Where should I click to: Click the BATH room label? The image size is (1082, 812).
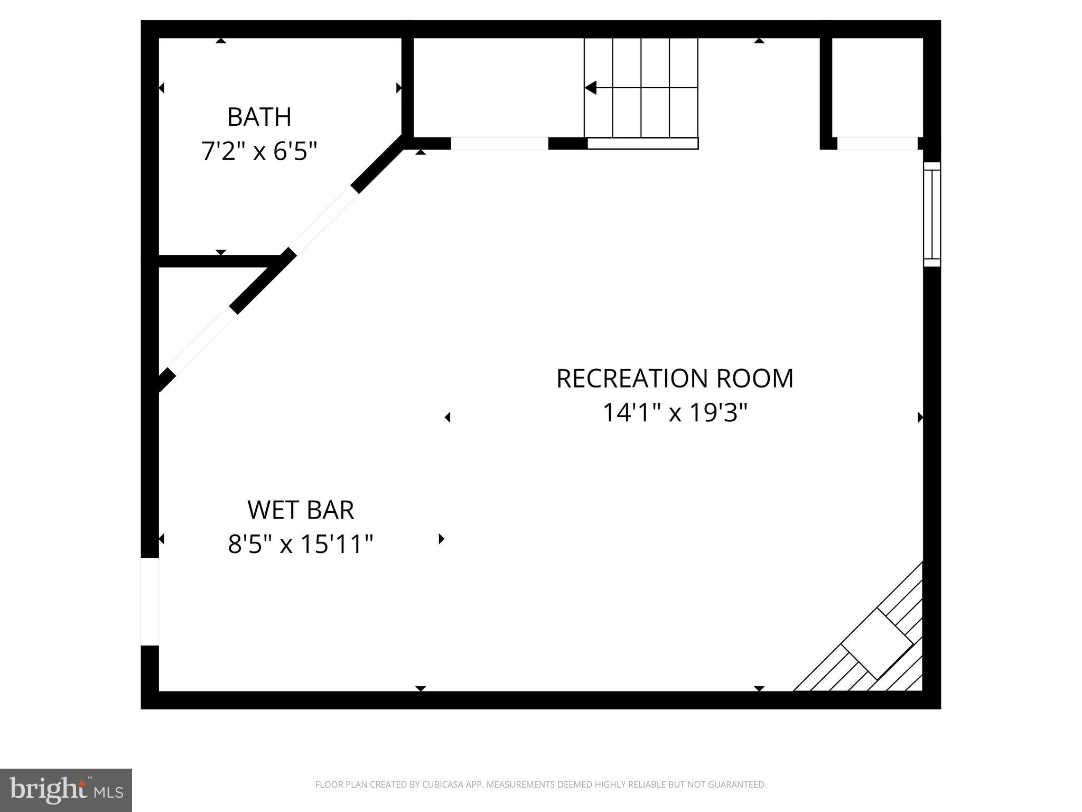tap(259, 117)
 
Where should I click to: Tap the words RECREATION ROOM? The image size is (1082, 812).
tap(675, 379)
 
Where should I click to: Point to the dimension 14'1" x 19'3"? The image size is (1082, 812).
tap(675, 413)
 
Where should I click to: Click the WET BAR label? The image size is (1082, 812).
tap(301, 510)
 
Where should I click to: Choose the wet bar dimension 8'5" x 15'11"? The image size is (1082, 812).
tap(301, 544)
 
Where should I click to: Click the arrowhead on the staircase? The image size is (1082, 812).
tap(591, 88)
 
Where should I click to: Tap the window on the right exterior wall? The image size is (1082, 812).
tap(932, 214)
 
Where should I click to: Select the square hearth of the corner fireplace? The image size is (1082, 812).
tap(876, 643)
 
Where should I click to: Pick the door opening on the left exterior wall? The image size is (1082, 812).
tap(150, 602)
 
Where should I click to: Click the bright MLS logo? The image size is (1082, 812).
tap(66, 790)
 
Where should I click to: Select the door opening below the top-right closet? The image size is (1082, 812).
tap(877, 143)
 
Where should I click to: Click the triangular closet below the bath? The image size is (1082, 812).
tap(195, 307)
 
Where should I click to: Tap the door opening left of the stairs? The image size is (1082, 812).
tap(499, 143)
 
